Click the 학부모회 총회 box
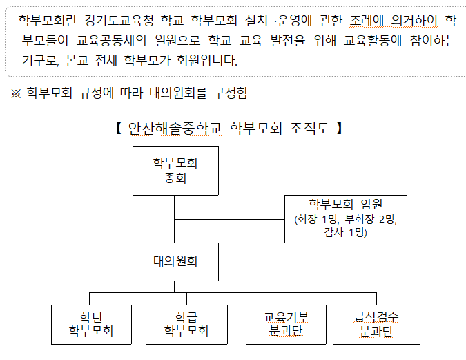click(175, 171)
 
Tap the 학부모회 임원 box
click(345, 218)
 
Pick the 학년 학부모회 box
click(90, 324)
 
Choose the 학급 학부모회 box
click(186, 324)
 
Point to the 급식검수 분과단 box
click(376, 324)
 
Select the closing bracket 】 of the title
click(340, 128)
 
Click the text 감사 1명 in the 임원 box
click(345, 232)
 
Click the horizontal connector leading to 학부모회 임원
click(229, 218)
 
